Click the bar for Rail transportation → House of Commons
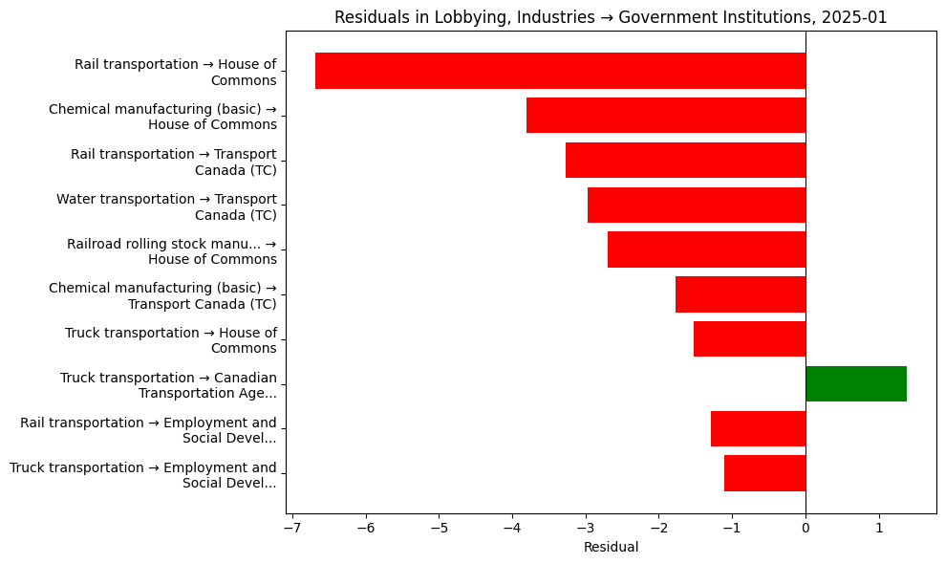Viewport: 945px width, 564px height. [560, 71]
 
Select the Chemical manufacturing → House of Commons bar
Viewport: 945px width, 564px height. [666, 116]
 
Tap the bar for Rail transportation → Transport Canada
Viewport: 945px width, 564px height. [685, 160]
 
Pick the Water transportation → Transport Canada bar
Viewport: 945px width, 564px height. [697, 205]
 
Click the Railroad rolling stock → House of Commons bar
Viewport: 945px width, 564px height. [706, 249]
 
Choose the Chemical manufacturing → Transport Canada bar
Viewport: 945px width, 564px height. [741, 294]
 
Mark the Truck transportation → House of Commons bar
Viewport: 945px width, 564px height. [749, 338]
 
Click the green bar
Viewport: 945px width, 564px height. [856, 383]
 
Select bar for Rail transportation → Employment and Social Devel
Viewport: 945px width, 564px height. [758, 428]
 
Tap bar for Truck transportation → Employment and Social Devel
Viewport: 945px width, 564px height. [764, 473]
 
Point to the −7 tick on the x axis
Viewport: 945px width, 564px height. [292, 528]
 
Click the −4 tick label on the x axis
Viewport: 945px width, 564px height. [512, 528]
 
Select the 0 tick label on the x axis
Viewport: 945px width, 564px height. [805, 528]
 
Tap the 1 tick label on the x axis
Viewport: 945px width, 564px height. [879, 528]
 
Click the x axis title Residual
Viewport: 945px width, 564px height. [611, 548]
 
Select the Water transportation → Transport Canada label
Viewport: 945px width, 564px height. [166, 206]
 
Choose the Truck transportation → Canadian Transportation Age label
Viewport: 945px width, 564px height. [168, 385]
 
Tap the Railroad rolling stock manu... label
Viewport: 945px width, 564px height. [171, 251]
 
